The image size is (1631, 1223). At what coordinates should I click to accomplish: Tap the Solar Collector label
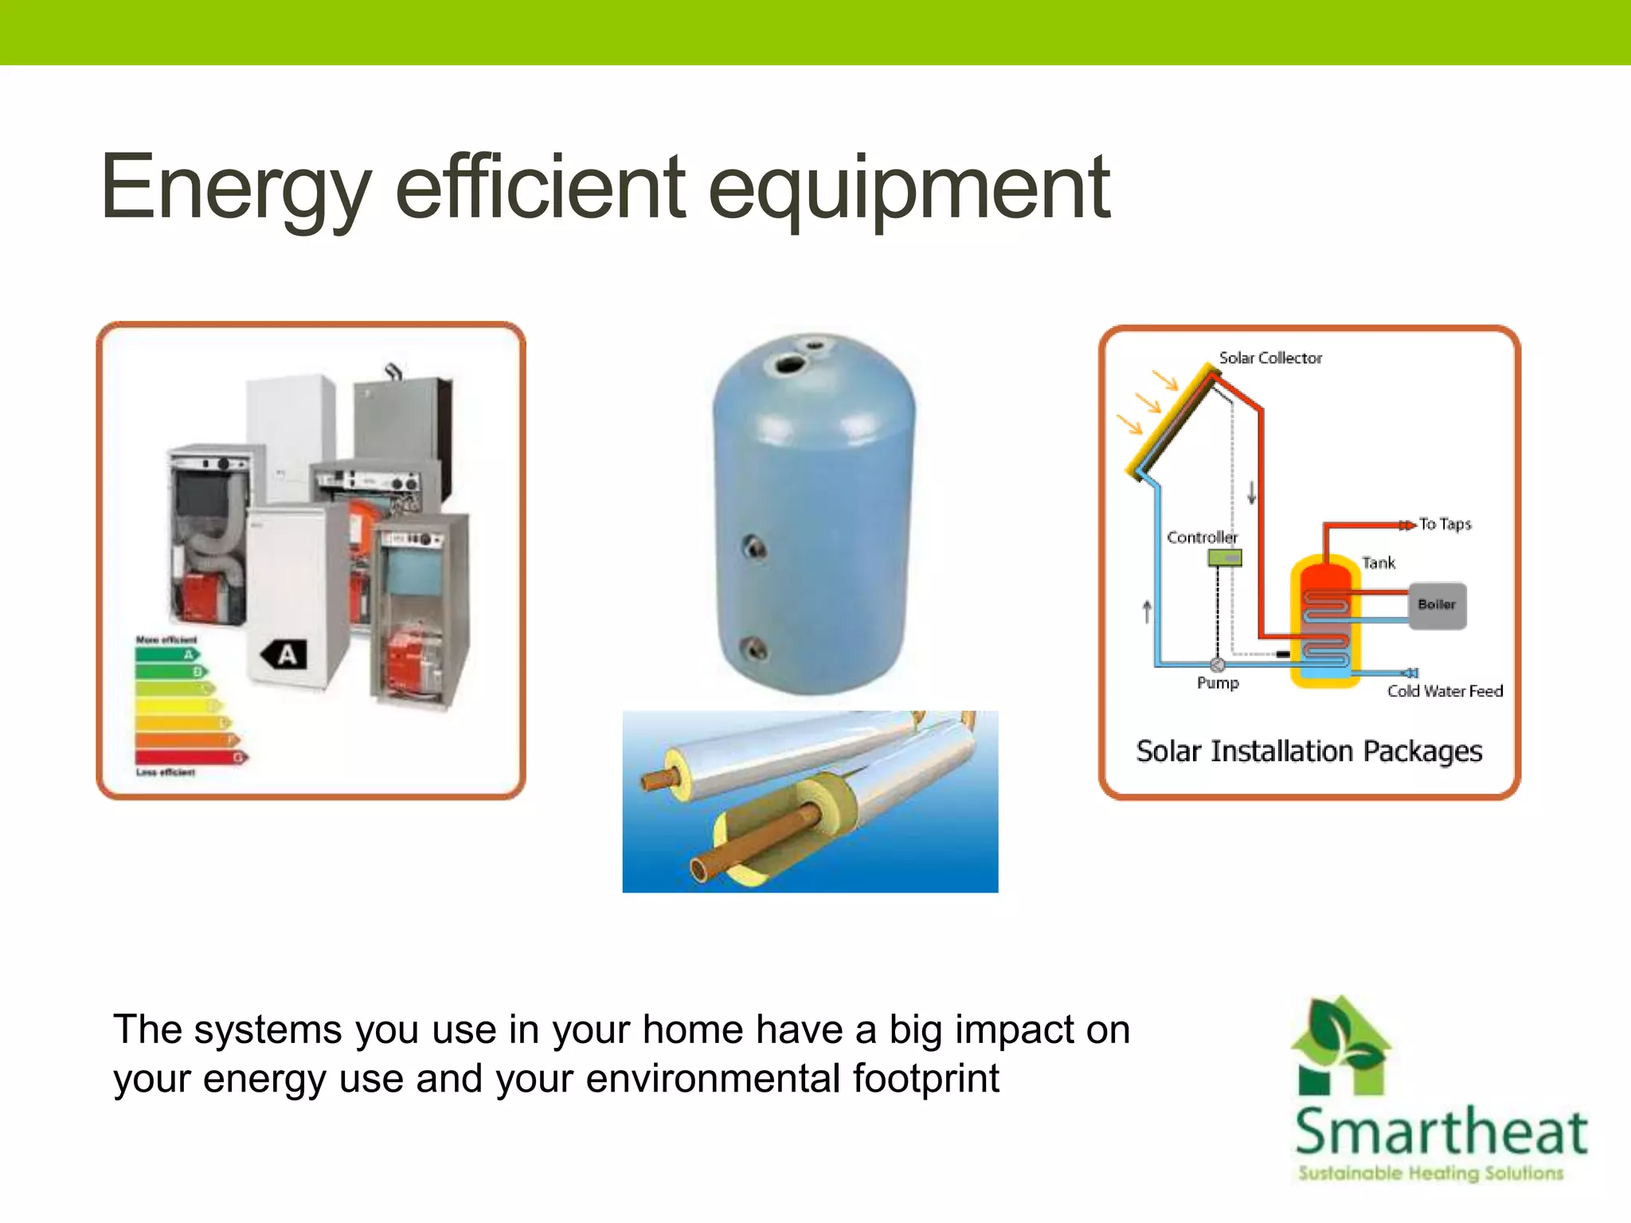click(x=1270, y=358)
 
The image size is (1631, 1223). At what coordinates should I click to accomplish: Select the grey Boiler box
click(x=1437, y=606)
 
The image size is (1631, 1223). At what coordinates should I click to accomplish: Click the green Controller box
click(x=1224, y=558)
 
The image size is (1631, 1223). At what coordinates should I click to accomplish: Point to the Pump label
click(x=1218, y=683)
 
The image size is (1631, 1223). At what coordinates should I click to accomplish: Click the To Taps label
click(x=1445, y=524)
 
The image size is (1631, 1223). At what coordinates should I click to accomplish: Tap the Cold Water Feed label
click(x=1445, y=691)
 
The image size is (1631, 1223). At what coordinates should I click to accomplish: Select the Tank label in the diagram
click(x=1378, y=563)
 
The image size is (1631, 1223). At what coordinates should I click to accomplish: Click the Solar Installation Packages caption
click(x=1308, y=752)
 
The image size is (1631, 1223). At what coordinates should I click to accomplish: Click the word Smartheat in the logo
click(x=1441, y=1132)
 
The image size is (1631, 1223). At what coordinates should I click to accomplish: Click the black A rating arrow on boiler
click(x=284, y=654)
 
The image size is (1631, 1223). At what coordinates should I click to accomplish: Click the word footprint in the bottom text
click(x=925, y=1079)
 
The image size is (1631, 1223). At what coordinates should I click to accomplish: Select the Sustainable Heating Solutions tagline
click(x=1430, y=1174)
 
